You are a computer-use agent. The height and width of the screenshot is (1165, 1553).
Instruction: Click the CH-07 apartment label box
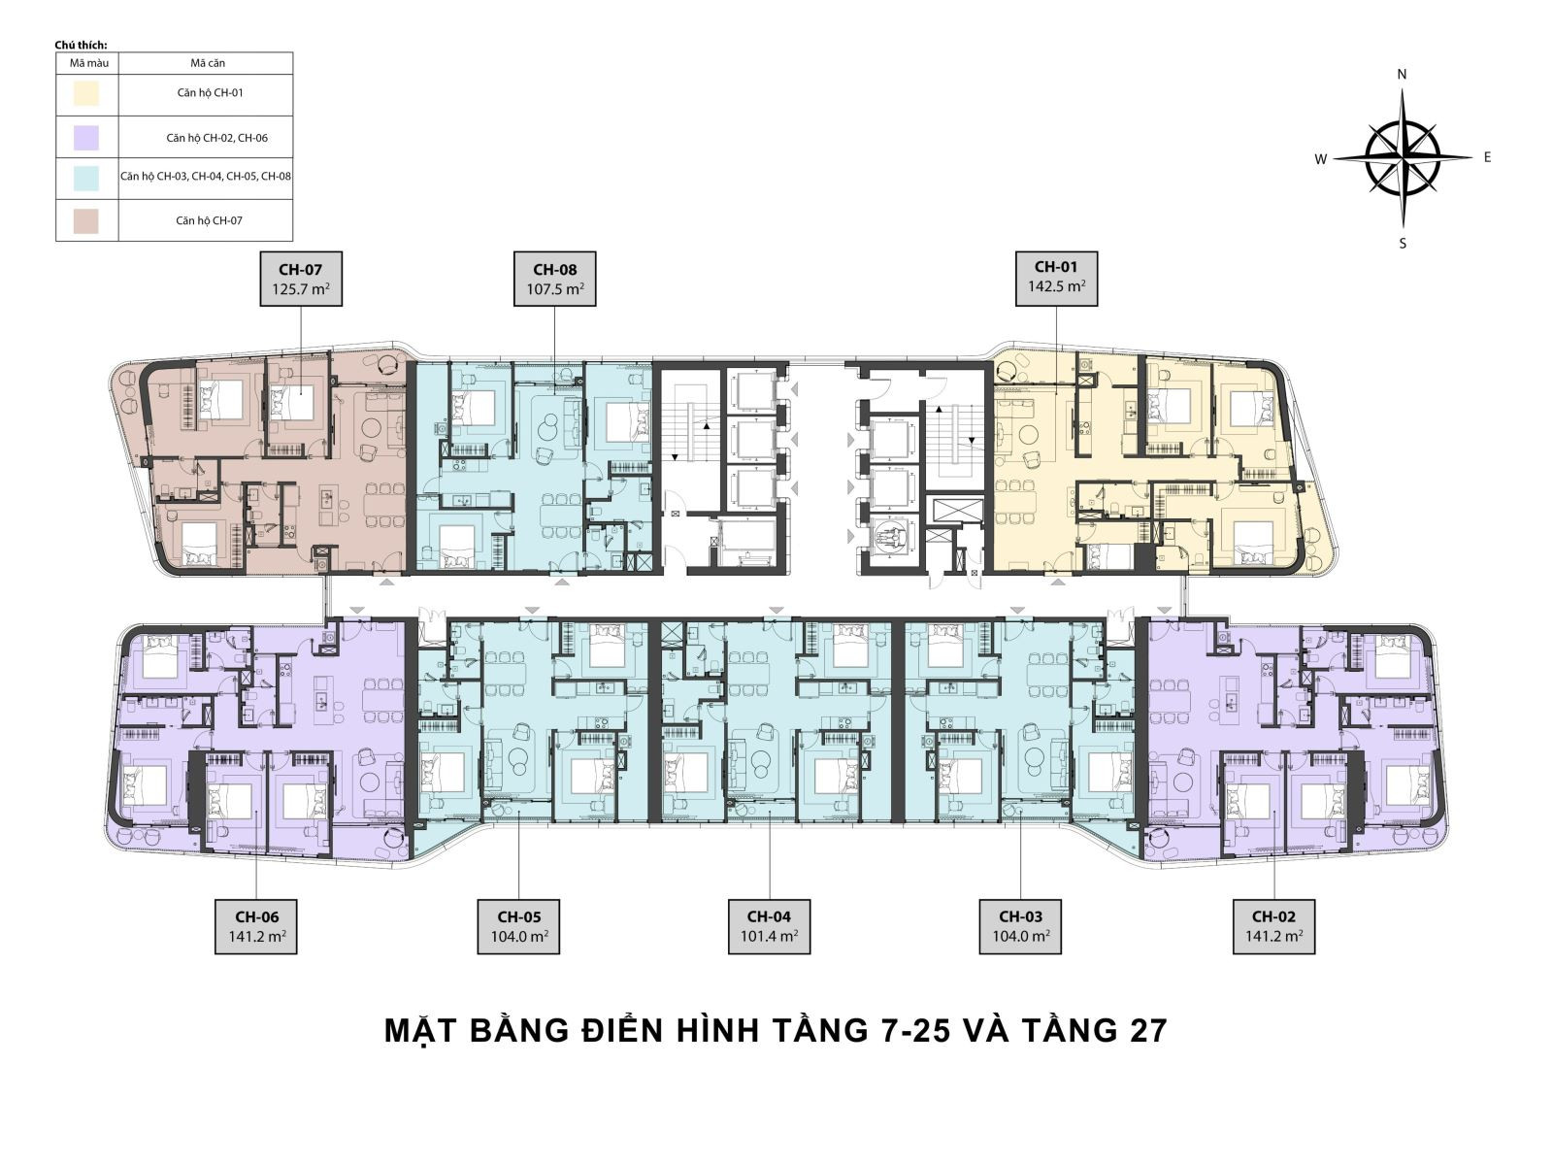301,279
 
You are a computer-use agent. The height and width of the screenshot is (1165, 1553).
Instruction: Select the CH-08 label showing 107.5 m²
554,279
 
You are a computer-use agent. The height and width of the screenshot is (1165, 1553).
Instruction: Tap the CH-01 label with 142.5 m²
1056,279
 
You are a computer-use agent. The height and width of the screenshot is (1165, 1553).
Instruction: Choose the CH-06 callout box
256,926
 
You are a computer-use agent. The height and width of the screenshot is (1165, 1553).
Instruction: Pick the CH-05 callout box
518,926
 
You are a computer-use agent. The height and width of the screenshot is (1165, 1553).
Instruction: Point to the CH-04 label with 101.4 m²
769,926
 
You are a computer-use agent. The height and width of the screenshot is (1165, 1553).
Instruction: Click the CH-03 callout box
1020,926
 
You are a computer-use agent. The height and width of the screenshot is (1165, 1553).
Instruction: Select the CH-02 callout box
1273,926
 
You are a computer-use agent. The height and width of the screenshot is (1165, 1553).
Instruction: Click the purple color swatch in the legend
86,137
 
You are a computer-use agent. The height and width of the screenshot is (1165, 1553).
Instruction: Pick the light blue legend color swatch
86,179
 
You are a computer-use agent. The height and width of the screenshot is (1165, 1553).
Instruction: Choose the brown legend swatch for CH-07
86,220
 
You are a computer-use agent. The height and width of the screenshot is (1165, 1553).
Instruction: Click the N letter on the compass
1402,75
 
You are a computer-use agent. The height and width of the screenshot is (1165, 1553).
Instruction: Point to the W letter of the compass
1320,160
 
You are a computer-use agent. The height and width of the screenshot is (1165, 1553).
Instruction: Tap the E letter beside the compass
1487,157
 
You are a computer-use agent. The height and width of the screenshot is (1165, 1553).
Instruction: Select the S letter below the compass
1403,244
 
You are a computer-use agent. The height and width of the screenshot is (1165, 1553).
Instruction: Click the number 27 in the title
1148,1031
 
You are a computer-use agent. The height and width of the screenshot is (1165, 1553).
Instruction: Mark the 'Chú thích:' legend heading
81,46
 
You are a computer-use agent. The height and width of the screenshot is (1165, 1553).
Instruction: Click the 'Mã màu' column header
89,63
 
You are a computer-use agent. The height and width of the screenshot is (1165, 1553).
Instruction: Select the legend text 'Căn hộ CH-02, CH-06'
217,138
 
